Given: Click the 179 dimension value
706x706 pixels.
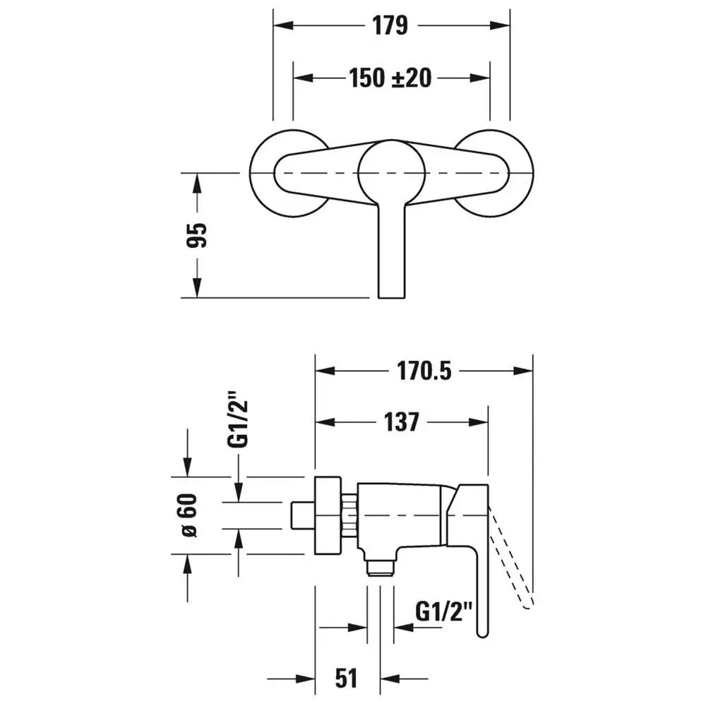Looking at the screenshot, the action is point(390,25).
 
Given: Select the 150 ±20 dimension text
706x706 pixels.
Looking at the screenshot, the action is point(390,78).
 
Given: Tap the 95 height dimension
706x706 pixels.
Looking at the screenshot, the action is point(197,234).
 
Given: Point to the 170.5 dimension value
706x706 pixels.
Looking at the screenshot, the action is point(424,371).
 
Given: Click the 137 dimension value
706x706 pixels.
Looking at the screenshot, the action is point(401,422).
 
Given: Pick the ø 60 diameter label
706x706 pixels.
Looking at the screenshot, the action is point(189,515).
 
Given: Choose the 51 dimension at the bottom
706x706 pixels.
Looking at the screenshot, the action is point(346,678).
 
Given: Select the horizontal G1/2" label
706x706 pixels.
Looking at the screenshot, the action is point(443,612).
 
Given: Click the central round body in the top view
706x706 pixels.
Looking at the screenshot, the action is point(391,172).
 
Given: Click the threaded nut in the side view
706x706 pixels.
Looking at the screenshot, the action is point(349,515).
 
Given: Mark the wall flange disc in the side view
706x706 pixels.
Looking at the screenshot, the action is point(328,515).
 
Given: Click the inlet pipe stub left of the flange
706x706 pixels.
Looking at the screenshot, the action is point(303,515).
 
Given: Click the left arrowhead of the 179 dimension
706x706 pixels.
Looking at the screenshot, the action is point(283,25).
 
